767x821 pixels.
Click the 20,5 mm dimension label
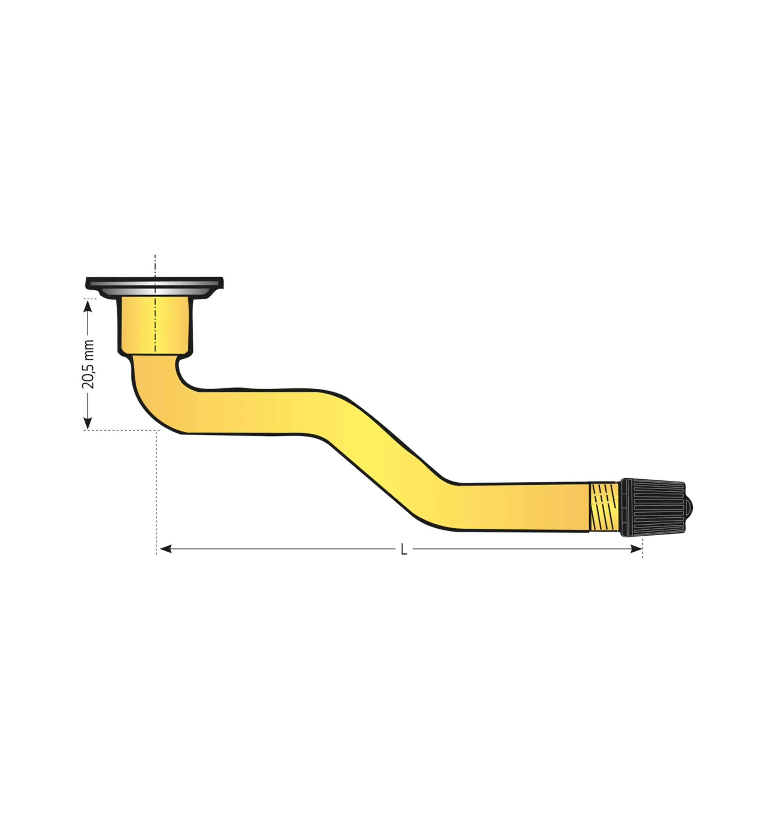point(88,364)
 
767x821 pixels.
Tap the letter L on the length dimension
point(404,549)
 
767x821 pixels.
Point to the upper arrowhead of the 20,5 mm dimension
point(88,306)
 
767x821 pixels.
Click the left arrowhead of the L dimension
point(165,549)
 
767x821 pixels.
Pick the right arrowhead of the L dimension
point(636,549)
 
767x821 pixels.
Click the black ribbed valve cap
point(652,507)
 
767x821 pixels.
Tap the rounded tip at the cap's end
point(689,507)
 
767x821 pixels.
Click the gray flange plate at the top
point(154,287)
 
